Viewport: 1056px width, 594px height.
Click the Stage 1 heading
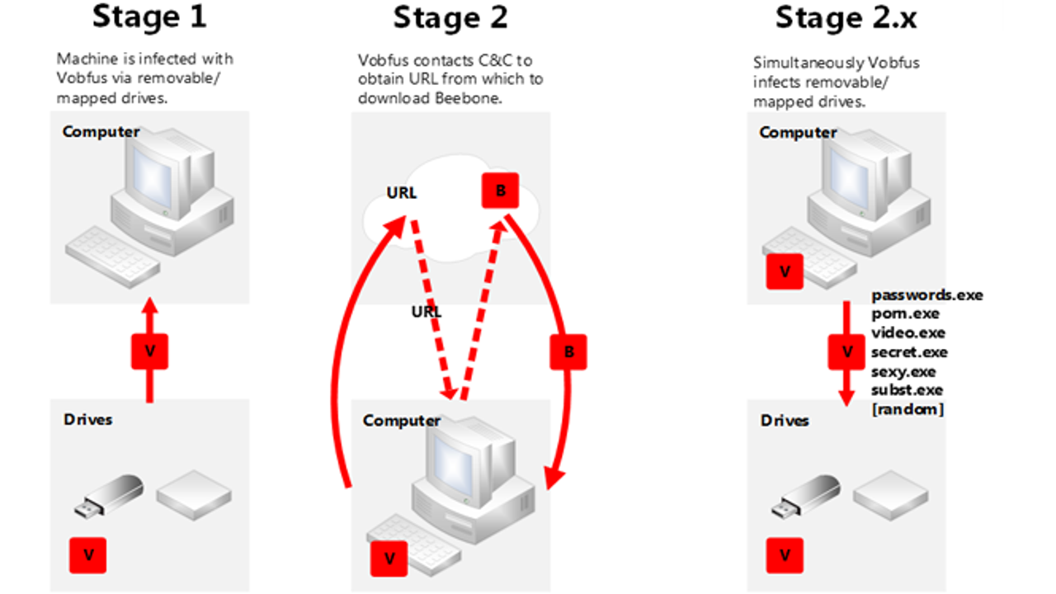pyautogui.click(x=149, y=16)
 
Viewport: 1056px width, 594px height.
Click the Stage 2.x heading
pyautogui.click(x=846, y=16)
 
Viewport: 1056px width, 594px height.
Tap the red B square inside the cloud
pyautogui.click(x=501, y=191)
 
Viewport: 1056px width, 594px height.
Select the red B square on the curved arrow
pyautogui.click(x=568, y=351)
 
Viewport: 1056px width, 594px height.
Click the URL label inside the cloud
pyautogui.click(x=402, y=194)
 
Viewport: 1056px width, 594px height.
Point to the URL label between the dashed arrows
pyautogui.click(x=427, y=312)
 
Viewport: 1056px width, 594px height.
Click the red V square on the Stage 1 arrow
pyautogui.click(x=149, y=351)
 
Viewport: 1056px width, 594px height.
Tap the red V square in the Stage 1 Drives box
pyautogui.click(x=88, y=554)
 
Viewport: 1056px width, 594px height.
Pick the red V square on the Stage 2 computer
pyautogui.click(x=389, y=559)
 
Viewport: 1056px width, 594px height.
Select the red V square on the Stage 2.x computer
pyautogui.click(x=785, y=271)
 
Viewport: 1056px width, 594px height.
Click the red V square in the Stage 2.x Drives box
pyautogui.click(x=785, y=554)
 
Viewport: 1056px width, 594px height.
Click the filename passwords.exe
pyautogui.click(x=927, y=295)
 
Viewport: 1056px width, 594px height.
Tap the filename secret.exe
pyautogui.click(x=909, y=352)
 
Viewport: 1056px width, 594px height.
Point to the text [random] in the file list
pyautogui.click(x=907, y=409)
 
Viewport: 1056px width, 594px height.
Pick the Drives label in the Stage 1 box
pyautogui.click(x=87, y=419)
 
